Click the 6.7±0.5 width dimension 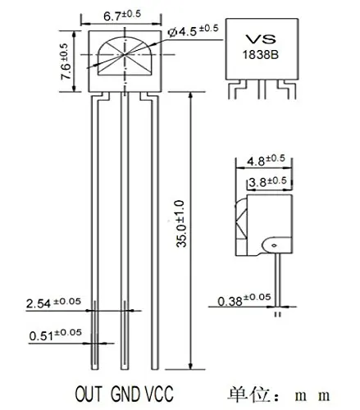tap(122, 16)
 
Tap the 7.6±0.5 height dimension tap(65, 61)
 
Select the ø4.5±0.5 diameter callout tap(193, 30)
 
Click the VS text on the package tap(260, 39)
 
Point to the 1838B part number tap(261, 55)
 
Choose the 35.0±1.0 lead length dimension tap(180, 224)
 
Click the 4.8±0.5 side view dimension tap(266, 160)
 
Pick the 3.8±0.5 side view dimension tap(267, 182)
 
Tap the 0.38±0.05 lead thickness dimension tap(244, 300)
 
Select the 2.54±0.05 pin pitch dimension tap(53, 303)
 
